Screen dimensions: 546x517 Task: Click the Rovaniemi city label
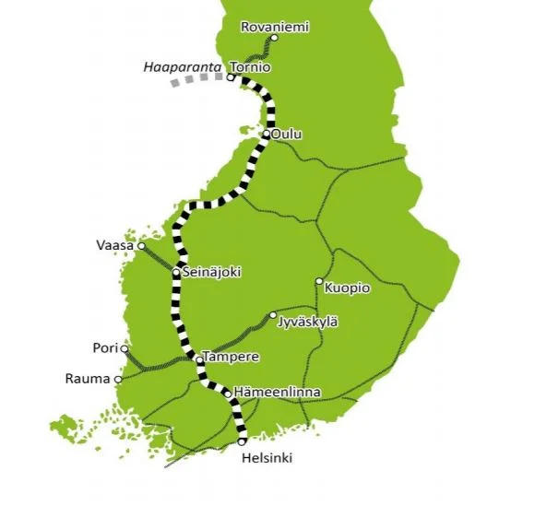point(274,27)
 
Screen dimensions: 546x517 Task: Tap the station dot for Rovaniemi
point(274,39)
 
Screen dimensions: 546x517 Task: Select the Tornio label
point(250,67)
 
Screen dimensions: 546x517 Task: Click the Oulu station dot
point(266,135)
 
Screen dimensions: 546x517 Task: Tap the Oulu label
point(287,135)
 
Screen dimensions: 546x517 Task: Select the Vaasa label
point(115,246)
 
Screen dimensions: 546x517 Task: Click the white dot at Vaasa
point(141,246)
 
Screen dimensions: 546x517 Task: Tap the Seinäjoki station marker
point(176,273)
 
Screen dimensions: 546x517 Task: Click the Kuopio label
point(348,288)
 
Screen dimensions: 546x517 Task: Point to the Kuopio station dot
point(319,281)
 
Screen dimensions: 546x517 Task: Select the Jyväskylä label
point(308,321)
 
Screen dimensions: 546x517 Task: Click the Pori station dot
point(125,348)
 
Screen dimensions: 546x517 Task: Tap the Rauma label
point(87,379)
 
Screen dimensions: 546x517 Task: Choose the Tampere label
point(231,357)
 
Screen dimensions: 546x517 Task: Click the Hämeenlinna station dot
point(227,394)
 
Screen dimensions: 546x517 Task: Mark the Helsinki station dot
point(242,441)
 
